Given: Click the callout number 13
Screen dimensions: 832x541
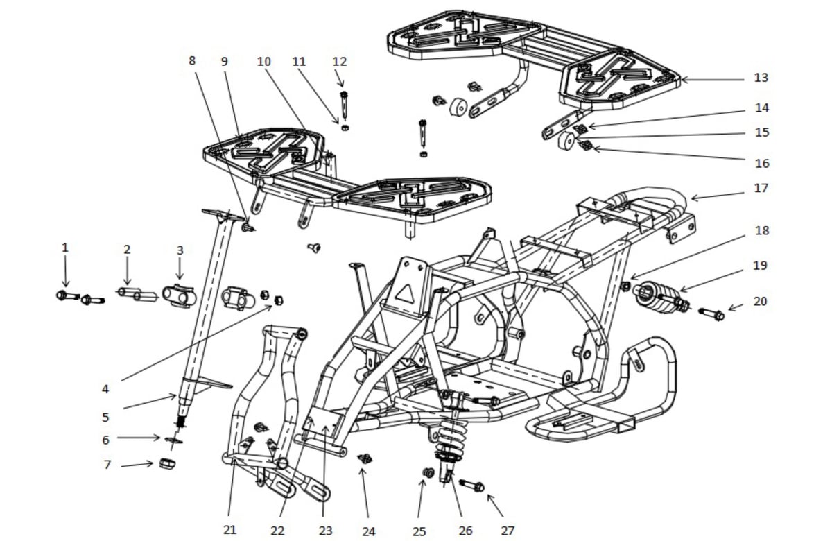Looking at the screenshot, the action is [761, 78].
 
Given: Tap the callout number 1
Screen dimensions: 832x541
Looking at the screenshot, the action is [65, 248].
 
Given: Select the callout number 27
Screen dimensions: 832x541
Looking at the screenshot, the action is [508, 530].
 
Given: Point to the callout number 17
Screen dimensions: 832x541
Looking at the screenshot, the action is [761, 188].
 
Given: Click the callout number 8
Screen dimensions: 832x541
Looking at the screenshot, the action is [191, 60].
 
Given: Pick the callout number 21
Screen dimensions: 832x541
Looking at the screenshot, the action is [230, 529].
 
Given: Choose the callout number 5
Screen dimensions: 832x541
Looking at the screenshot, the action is [105, 418].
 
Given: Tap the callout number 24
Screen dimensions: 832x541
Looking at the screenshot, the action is [368, 532].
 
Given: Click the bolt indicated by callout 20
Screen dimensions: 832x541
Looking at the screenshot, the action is [711, 315].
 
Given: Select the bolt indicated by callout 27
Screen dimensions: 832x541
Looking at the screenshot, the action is [471, 486].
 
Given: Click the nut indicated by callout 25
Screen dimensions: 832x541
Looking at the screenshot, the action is [428, 472].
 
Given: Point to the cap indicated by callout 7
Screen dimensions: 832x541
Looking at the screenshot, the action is [167, 464].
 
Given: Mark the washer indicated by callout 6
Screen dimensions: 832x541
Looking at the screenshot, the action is [173, 440].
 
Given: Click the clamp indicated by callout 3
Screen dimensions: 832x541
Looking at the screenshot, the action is [180, 295].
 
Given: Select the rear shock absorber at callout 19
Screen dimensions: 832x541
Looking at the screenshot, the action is [660, 297].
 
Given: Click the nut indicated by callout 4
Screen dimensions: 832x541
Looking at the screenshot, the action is [279, 300].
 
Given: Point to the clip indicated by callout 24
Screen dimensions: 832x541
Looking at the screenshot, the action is [365, 458].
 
